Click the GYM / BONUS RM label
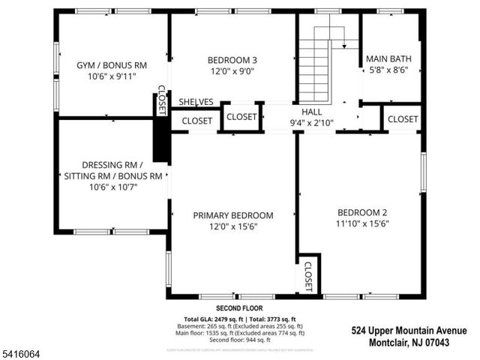[112, 65]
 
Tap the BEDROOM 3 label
[232, 61]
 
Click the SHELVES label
[196, 102]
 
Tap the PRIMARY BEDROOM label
[233, 215]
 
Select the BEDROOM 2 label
[362, 211]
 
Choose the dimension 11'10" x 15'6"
[362, 223]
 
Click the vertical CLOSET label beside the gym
[161, 100]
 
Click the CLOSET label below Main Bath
[403, 119]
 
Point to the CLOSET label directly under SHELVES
[196, 120]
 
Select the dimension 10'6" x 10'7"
[112, 187]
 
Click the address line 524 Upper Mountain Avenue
[409, 330]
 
